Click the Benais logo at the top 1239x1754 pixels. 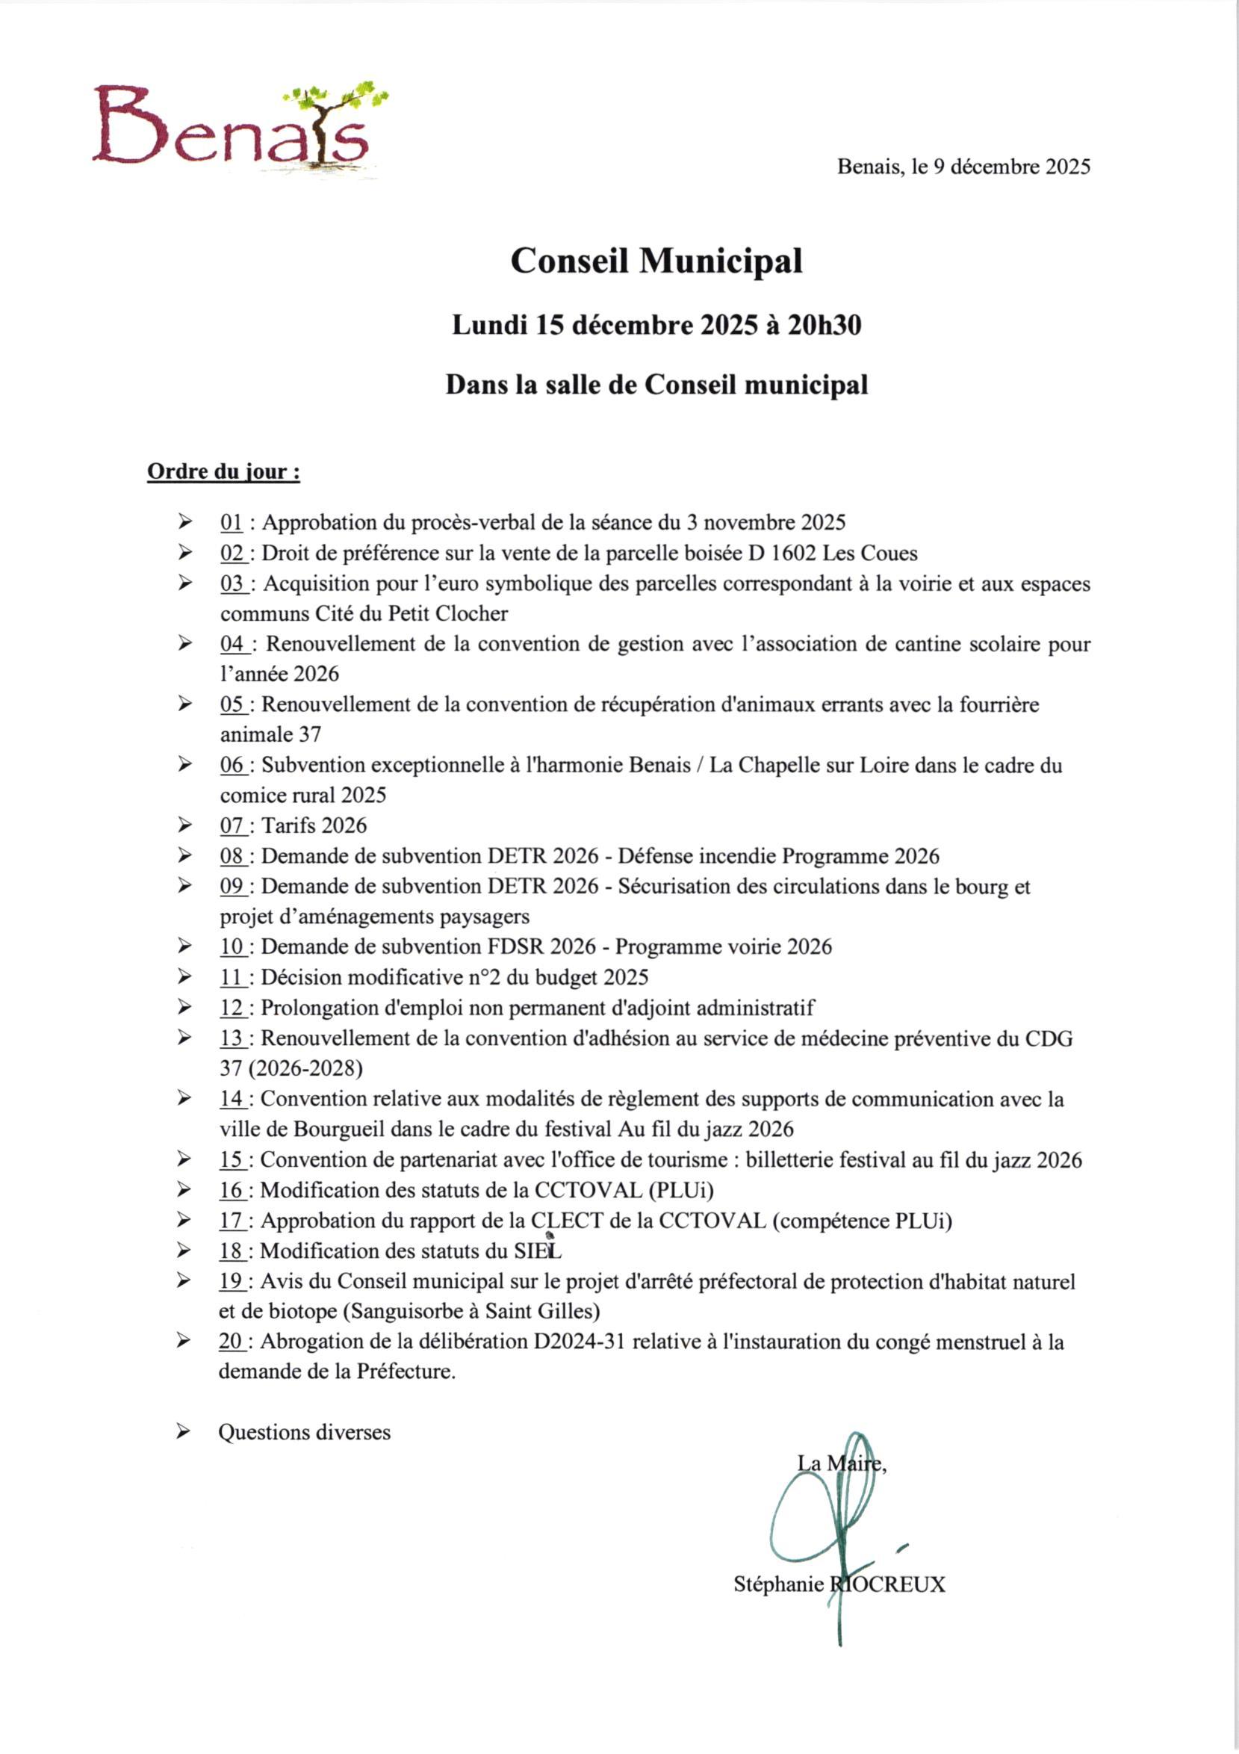click(237, 128)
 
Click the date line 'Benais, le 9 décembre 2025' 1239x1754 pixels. click(963, 167)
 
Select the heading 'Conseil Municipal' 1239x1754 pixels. click(656, 261)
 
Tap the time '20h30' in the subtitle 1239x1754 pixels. click(825, 326)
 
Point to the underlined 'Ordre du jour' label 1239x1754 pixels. click(223, 472)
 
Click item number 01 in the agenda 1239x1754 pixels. click(231, 524)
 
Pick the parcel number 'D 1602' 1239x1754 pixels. click(782, 553)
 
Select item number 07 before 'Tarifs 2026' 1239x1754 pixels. click(232, 825)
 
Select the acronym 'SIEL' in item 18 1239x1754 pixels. click(537, 1251)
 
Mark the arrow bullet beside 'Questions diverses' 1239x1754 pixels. click(183, 1431)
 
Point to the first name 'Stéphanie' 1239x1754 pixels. click(778, 1584)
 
